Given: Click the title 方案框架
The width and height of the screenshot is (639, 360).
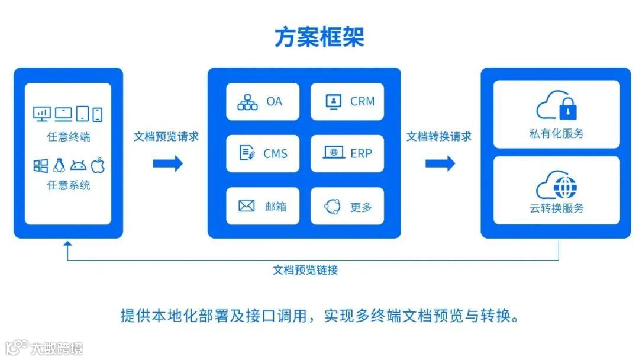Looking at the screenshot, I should tap(319, 37).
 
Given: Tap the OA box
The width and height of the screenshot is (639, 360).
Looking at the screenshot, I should tap(263, 102).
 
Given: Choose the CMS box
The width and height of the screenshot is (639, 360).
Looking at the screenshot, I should tap(263, 154).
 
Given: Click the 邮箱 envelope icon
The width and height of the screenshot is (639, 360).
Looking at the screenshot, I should tap(246, 206).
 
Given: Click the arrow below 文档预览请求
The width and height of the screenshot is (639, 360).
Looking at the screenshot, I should tap(168, 163).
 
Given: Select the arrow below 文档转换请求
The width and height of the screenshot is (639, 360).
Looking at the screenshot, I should tap(440, 163).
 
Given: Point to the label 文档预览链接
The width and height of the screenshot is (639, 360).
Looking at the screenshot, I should tap(305, 270).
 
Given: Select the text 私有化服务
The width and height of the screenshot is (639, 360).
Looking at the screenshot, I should tap(556, 134).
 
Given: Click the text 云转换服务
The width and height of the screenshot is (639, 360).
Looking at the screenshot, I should tap(556, 208).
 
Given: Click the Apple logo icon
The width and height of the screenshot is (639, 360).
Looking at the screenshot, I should tap(98, 166).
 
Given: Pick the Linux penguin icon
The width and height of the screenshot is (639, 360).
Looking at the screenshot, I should tap(59, 166).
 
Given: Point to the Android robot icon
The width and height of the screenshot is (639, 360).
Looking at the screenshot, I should tap(78, 166).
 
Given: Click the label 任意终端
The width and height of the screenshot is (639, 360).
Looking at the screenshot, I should tap(69, 137).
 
